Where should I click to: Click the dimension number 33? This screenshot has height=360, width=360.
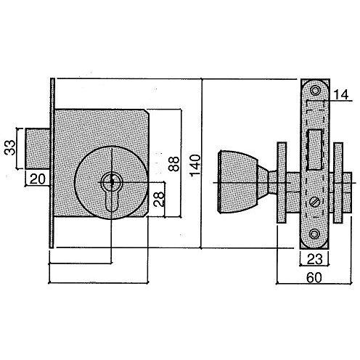pos(10,147)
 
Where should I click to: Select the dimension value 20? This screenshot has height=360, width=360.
pos(38,179)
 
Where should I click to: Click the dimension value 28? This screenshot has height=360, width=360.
pos(159,199)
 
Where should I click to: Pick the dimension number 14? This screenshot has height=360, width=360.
pos(340,94)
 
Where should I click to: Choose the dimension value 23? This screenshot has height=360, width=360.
pos(314,259)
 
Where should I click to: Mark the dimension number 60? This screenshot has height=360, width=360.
pos(314,278)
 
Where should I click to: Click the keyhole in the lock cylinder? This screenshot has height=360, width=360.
pos(112,193)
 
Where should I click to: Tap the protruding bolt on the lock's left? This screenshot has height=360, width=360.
pos(38,149)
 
